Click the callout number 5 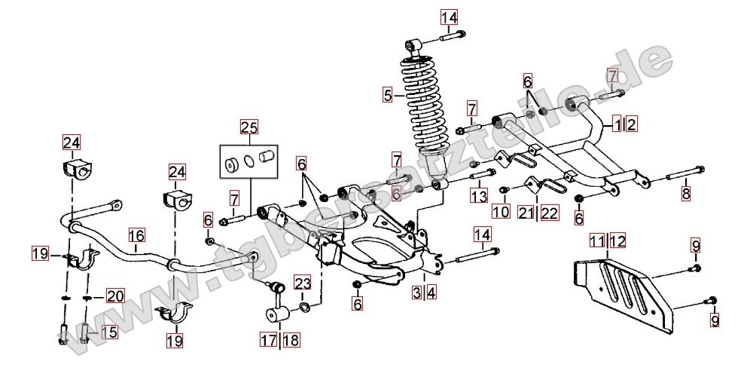[x=388, y=95]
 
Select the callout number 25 [x=249, y=127]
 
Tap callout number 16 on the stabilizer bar [x=136, y=237]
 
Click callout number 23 [x=302, y=284]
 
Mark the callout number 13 [x=480, y=196]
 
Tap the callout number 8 [x=685, y=194]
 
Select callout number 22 [x=550, y=213]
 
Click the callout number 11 [x=597, y=241]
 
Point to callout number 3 [x=416, y=293]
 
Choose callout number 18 [x=291, y=340]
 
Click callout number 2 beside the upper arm [x=631, y=124]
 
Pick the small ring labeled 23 [x=303, y=308]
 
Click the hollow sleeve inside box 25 [x=264, y=158]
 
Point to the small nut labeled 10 [x=505, y=188]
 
